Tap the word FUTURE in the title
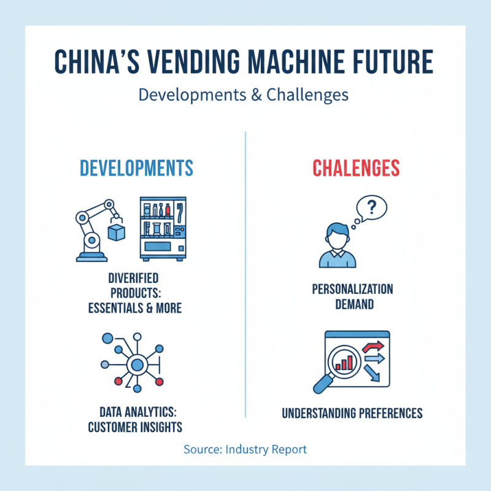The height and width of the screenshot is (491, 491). point(388,64)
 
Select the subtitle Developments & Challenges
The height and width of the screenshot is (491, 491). point(244,95)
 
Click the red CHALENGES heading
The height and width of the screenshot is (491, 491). point(356,168)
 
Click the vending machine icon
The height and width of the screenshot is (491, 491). point(163,228)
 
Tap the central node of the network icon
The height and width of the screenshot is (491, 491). point(136,365)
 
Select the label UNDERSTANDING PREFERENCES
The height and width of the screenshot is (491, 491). point(352,413)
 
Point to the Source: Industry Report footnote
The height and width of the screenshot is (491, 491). point(245,449)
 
